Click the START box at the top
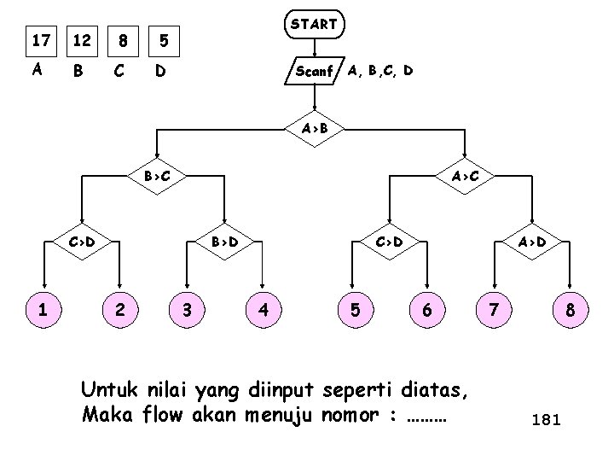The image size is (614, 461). [x=314, y=25]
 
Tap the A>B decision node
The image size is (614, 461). [x=312, y=130]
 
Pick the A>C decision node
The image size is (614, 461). [x=466, y=178]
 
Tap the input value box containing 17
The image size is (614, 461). [x=38, y=39]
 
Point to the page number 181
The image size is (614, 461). [x=545, y=420]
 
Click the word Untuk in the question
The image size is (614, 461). [x=107, y=392]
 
